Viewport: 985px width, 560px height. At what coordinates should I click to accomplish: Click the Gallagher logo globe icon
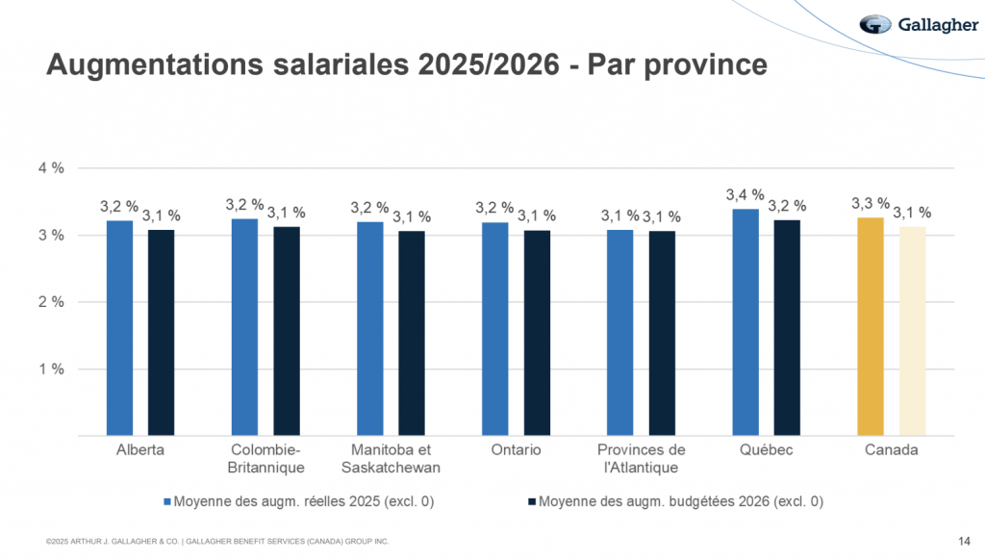876,24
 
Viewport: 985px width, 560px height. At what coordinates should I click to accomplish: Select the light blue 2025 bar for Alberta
119,327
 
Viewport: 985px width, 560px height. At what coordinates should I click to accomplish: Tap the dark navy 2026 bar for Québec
787,327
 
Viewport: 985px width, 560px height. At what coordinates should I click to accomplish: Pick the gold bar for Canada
871,326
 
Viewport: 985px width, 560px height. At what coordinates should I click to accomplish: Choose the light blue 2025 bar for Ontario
495,328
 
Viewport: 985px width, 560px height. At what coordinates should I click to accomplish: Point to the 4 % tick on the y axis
51,167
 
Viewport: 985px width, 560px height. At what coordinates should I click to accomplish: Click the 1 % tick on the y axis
51,369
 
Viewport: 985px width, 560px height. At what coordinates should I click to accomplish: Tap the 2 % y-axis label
51,301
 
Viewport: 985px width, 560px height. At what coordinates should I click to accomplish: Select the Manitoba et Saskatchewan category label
391,459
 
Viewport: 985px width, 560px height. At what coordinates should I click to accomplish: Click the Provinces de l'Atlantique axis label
642,459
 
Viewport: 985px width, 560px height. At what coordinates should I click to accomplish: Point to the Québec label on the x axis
767,450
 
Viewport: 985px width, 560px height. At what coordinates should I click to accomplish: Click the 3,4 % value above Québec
745,194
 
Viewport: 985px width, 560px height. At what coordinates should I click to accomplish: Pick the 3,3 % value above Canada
871,203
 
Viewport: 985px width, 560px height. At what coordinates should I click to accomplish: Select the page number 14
964,541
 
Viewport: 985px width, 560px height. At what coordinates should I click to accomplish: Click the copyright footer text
217,543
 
